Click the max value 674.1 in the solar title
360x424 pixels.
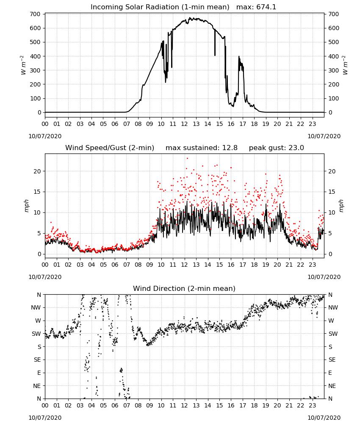(266, 7)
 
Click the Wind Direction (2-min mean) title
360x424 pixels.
(184, 288)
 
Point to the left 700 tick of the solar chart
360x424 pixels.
(36, 14)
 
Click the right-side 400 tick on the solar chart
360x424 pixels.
(334, 56)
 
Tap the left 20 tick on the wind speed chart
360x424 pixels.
(38, 171)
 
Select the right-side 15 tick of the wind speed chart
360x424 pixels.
(332, 192)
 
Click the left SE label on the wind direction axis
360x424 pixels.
(38, 360)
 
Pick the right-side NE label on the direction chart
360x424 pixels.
(332, 386)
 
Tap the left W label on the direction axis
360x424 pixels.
(39, 321)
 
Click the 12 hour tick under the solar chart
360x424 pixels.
(185, 124)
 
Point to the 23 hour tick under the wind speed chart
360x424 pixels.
(313, 265)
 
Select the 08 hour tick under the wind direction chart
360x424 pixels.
(138, 405)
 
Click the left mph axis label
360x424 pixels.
(26, 206)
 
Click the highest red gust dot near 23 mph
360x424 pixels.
(188, 159)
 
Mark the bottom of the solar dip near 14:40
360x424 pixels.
(215, 56)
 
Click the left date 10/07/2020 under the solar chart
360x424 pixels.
(45, 136)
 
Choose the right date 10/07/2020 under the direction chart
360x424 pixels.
(324, 418)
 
